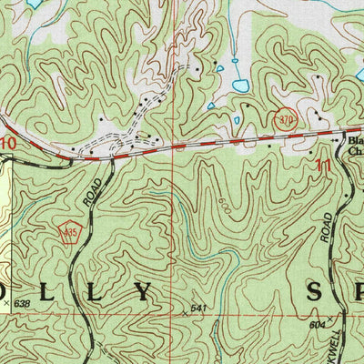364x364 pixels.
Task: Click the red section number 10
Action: coord(8,144)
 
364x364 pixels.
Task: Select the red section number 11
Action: coord(323,167)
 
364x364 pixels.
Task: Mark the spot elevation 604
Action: coord(317,324)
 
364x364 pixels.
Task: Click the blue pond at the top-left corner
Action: coord(34,4)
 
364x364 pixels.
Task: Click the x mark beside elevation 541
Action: coord(185,312)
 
